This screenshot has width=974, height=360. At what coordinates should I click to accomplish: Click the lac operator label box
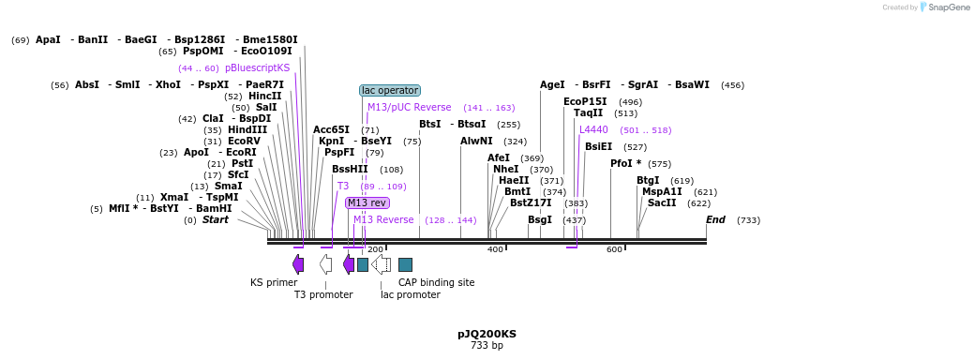click(390, 91)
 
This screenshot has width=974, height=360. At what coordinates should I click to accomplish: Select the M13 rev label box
click(367, 202)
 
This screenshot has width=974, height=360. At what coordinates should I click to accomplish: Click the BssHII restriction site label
click(350, 169)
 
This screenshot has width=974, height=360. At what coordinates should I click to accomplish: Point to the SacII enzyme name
click(662, 202)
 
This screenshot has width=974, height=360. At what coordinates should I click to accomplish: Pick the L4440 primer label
click(593, 129)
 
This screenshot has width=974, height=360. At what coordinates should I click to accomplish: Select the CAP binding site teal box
click(406, 265)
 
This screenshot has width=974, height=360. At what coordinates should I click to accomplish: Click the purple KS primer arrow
click(298, 264)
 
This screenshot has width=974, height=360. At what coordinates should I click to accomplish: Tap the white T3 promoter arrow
click(325, 264)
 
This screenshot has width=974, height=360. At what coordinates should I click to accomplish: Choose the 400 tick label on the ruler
click(495, 249)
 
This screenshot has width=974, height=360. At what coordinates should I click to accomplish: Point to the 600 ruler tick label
click(614, 249)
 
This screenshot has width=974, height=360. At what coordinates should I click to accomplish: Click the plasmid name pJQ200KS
click(487, 334)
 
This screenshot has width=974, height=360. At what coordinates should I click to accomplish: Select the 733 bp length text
click(487, 345)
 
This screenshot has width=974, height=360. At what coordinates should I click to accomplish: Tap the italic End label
click(715, 219)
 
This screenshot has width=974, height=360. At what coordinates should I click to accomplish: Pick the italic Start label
click(216, 219)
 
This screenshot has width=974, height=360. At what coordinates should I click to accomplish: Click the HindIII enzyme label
click(247, 129)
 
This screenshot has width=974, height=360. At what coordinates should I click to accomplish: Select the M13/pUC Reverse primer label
click(410, 108)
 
